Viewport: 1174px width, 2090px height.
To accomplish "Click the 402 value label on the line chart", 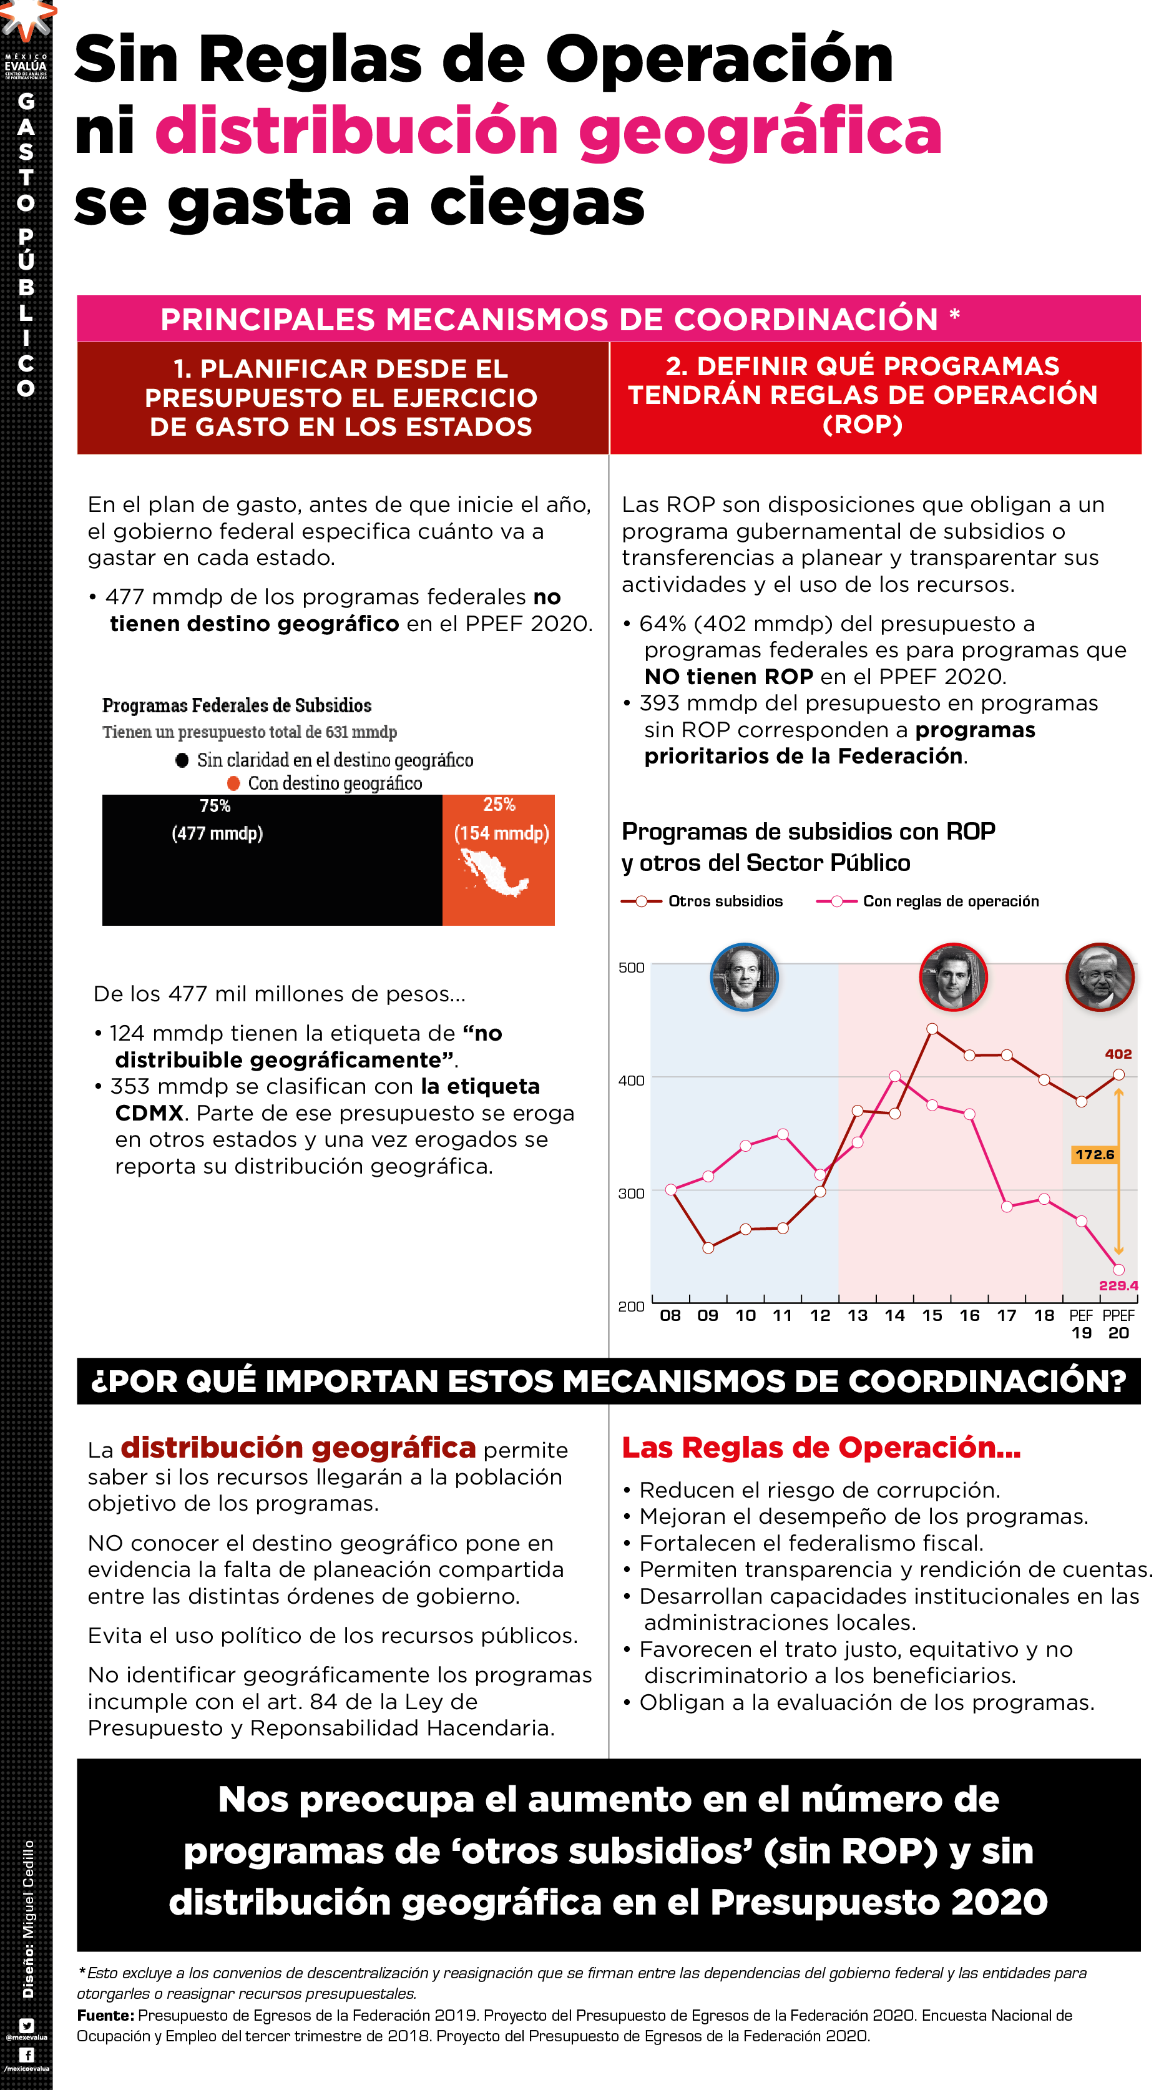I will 1117,1054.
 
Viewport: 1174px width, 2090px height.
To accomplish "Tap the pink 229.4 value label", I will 1118,1285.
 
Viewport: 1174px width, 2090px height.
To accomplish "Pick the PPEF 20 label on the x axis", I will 1118,1324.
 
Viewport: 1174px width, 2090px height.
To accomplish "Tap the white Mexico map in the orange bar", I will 493,872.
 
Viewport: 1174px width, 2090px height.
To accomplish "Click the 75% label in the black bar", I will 215,806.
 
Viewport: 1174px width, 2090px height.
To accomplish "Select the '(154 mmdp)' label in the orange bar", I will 501,833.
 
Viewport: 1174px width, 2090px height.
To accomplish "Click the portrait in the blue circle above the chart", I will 744,977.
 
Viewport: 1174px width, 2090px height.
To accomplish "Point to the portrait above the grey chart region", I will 1099,977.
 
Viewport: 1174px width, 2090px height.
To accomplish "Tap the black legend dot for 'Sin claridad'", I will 182,760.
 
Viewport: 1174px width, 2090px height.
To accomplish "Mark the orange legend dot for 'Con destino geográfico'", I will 233,783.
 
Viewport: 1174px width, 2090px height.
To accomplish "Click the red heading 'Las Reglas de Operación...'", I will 820,1448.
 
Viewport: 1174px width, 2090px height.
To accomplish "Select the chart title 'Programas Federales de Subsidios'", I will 237,705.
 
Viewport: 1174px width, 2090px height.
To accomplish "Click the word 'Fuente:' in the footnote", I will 105,2015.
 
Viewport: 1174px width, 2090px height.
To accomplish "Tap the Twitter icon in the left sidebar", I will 26,2025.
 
